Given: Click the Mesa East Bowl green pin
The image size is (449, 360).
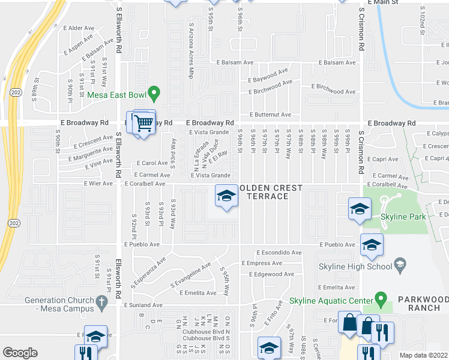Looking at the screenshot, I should coord(153,94).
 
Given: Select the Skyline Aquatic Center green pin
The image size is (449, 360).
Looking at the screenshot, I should coord(379,298).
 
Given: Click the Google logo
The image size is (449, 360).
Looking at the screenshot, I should coord(20,352).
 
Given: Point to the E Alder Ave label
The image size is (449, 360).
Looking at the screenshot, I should coord(82,28).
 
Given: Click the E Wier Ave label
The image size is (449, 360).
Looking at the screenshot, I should coord(98,184).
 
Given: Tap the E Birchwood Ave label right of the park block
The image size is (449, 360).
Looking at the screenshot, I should coord(334,91).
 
